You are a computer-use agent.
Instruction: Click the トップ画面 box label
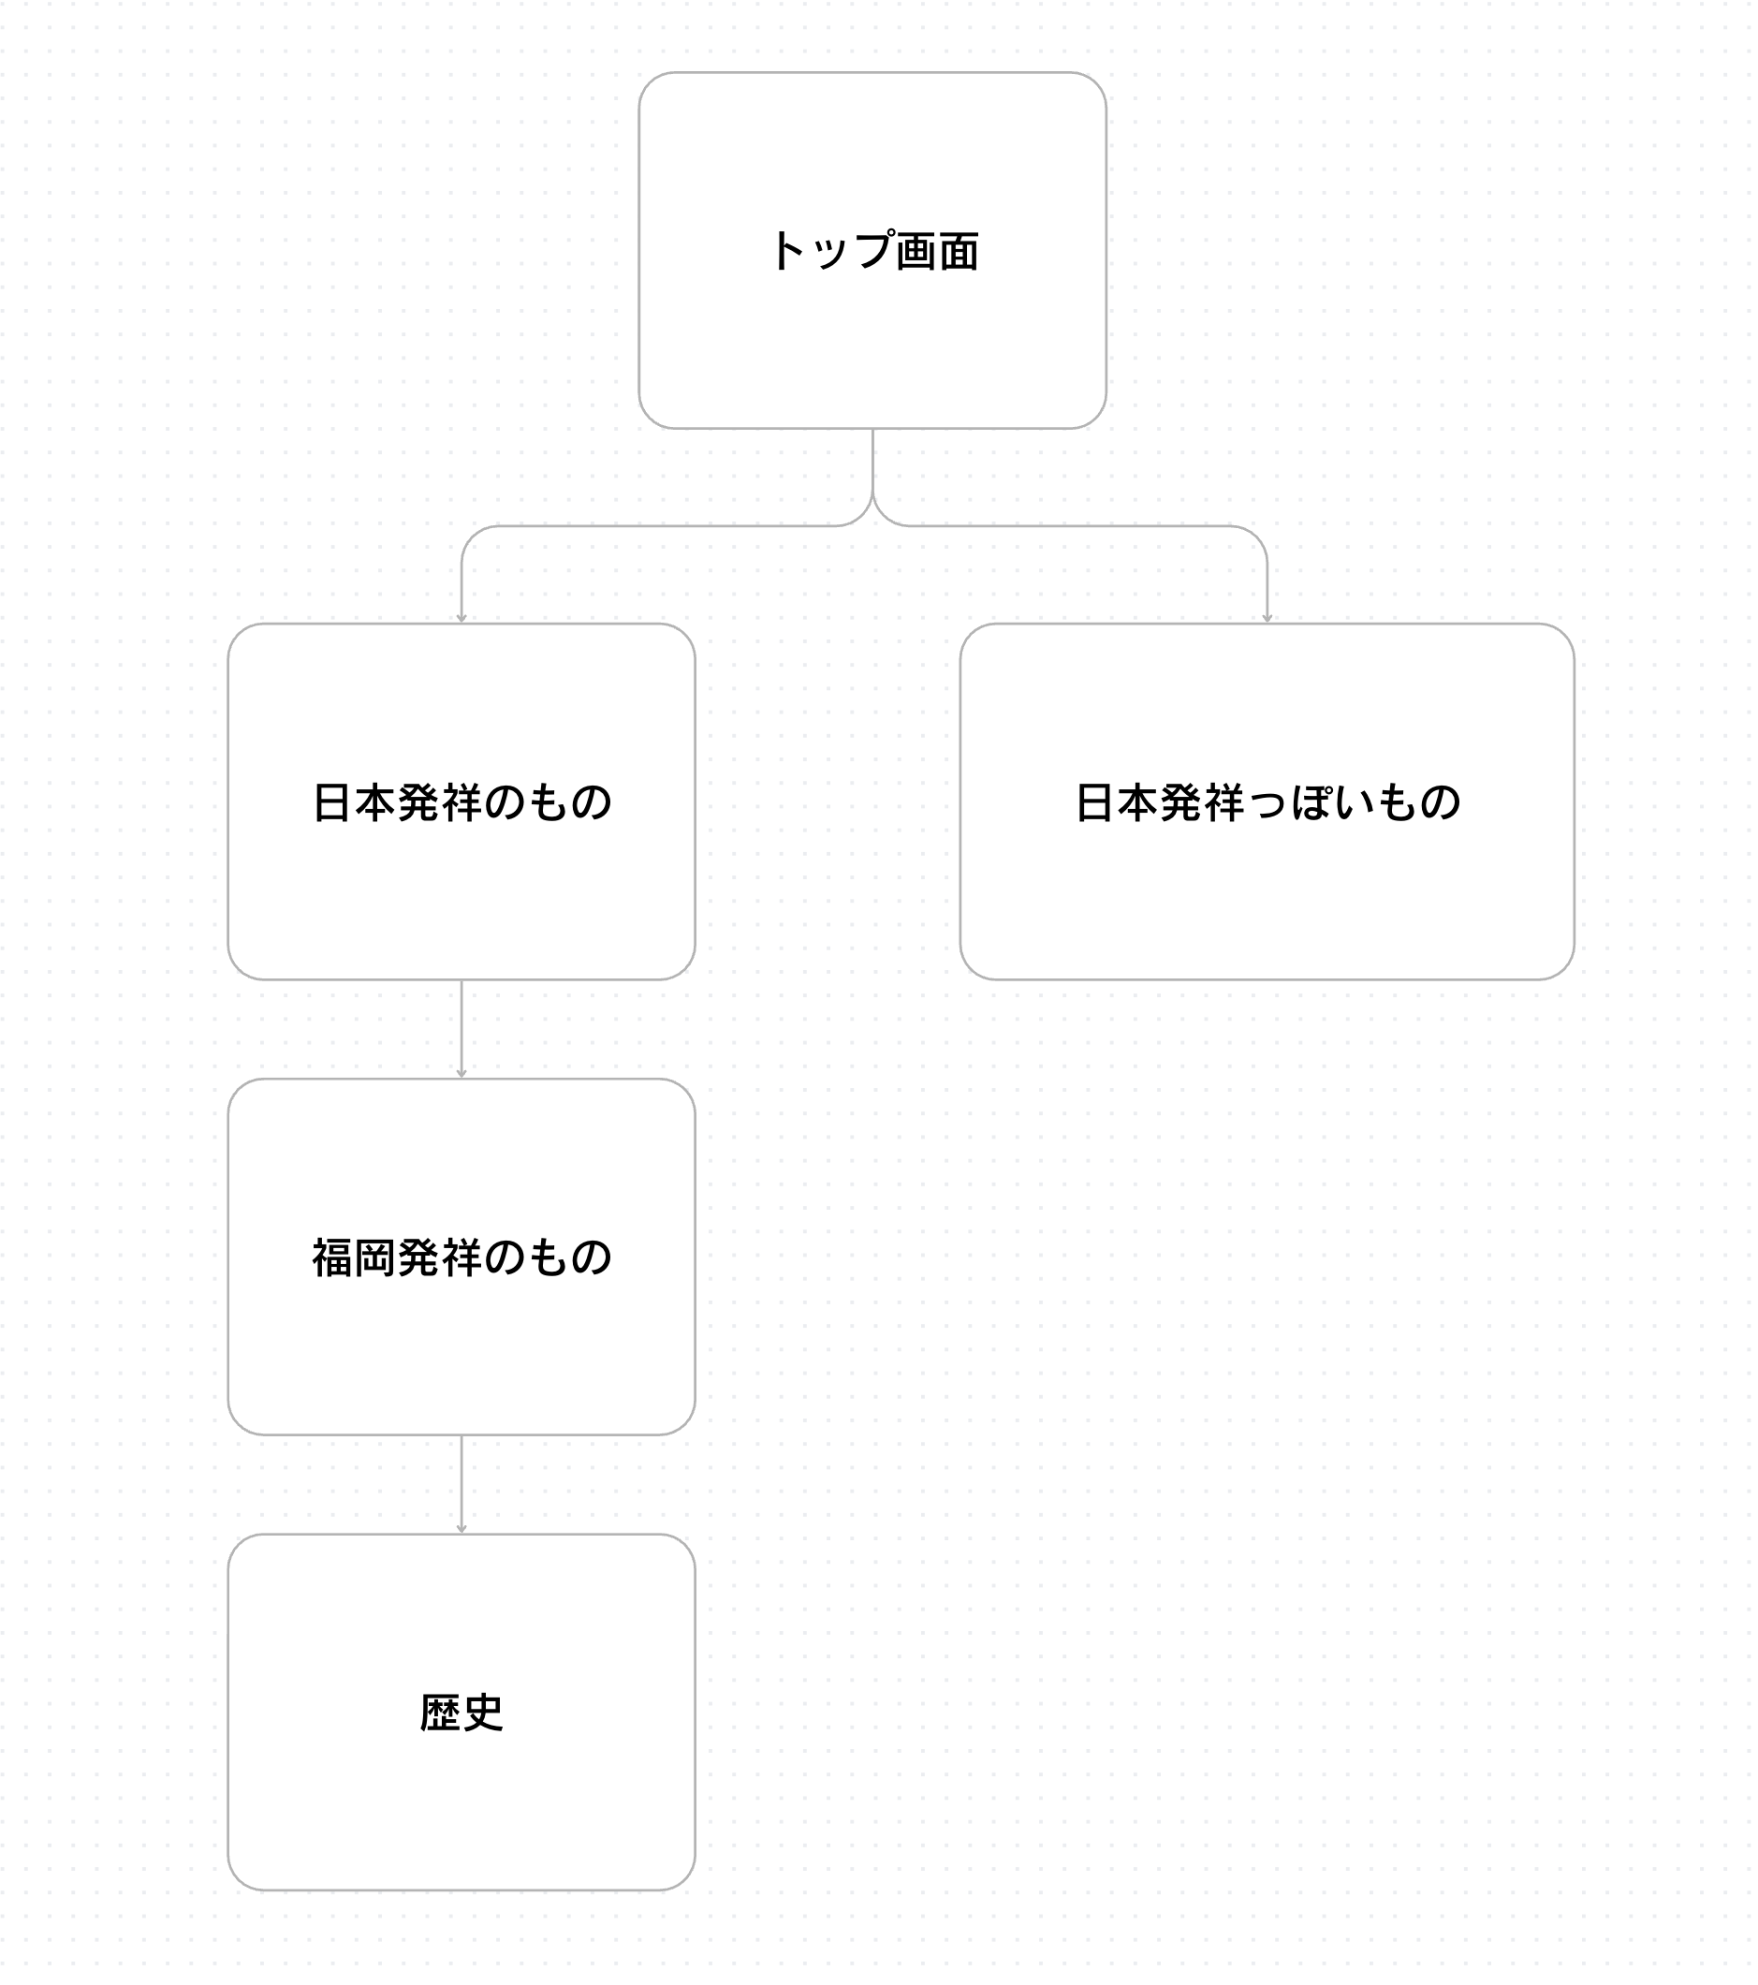(x=873, y=251)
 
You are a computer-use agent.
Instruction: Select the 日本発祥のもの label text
(x=462, y=803)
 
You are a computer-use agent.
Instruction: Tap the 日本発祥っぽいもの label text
(x=1267, y=803)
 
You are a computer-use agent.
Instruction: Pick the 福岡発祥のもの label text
(x=462, y=1257)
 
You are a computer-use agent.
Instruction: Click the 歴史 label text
(x=462, y=1713)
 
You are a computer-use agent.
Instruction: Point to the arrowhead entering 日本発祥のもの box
(x=462, y=619)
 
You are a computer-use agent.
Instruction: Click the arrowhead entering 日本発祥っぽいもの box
(x=1267, y=619)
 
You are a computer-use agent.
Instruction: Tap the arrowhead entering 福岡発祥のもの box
(x=462, y=1073)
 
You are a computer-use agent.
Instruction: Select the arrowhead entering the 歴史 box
(x=462, y=1529)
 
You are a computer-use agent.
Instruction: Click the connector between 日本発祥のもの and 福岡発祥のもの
(x=462, y=1029)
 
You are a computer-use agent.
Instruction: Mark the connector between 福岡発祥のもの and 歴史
(x=462, y=1484)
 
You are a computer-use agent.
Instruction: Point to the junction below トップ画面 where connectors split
(x=872, y=492)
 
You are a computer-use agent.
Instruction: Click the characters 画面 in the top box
(x=938, y=252)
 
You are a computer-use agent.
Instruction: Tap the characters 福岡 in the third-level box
(x=353, y=1257)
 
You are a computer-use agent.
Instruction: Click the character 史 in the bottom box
(x=483, y=1713)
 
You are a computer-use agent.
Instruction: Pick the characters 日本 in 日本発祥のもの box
(x=353, y=803)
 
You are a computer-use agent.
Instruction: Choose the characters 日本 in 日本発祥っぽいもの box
(x=1118, y=803)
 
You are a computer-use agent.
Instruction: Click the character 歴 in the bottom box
(x=441, y=1713)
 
